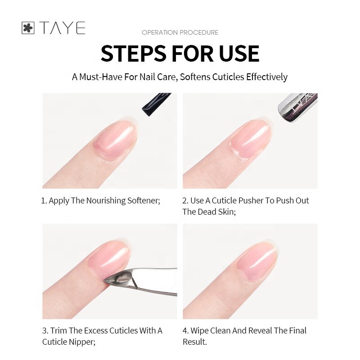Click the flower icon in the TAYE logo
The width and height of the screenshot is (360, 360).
pos(28,28)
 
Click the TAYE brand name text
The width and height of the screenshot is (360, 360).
pos(62,28)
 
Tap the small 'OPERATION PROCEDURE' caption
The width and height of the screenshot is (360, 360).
pos(180,32)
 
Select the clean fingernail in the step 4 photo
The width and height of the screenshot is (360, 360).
pos(255,263)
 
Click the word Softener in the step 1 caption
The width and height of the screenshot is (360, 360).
pos(143,200)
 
